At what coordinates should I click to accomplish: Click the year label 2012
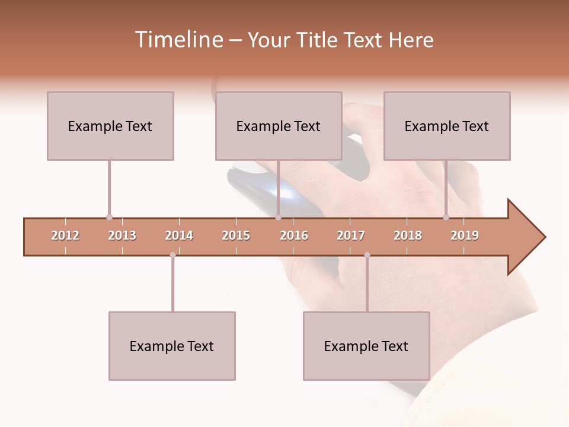pyautogui.click(x=65, y=235)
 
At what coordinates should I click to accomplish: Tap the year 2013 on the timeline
pyautogui.click(x=122, y=235)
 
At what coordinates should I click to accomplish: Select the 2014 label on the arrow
pyautogui.click(x=179, y=235)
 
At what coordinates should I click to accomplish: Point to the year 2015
pyautogui.click(x=236, y=235)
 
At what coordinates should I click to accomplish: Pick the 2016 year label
pyautogui.click(x=294, y=235)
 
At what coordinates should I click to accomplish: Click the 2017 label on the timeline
pyautogui.click(x=351, y=235)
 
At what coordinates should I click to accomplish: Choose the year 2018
pyautogui.click(x=408, y=235)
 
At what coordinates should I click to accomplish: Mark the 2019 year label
pyautogui.click(x=465, y=235)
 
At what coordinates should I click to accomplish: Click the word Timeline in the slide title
pyautogui.click(x=177, y=40)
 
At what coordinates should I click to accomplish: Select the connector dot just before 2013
pyautogui.click(x=109, y=217)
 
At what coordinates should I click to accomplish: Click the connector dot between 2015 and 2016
pyautogui.click(x=278, y=217)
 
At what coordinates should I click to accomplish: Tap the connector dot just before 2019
pyautogui.click(x=446, y=217)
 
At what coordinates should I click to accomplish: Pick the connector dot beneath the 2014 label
pyautogui.click(x=172, y=255)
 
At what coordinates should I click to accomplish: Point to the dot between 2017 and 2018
pyautogui.click(x=367, y=255)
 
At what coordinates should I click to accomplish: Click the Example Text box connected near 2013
pyautogui.click(x=110, y=126)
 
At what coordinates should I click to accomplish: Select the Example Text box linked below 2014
pyautogui.click(x=172, y=346)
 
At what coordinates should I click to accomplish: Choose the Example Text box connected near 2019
pyautogui.click(x=447, y=126)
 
